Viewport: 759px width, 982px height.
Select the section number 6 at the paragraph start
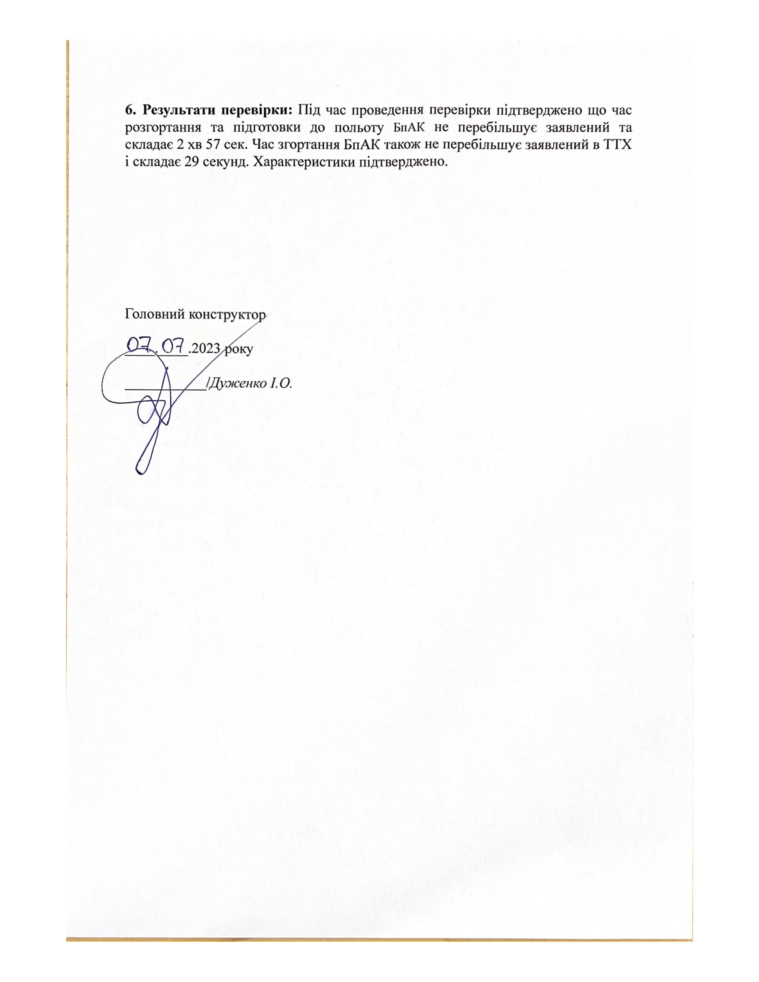[x=129, y=110]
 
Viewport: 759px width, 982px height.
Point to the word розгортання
[x=160, y=127]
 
